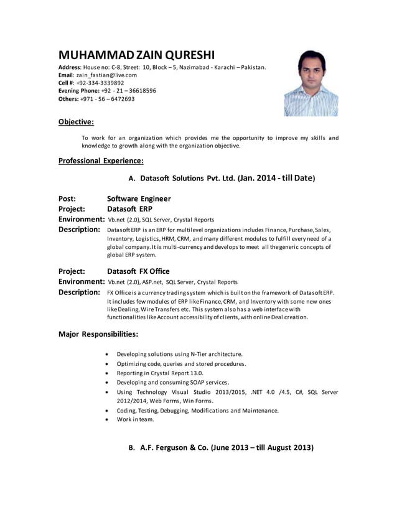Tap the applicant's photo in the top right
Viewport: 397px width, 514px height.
tap(311, 83)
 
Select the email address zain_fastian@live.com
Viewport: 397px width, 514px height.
tap(106, 75)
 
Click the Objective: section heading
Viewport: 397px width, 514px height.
tap(76, 122)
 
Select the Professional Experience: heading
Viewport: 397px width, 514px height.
tap(101, 161)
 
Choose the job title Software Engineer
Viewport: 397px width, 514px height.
tap(139, 199)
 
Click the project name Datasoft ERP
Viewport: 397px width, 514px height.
tap(129, 209)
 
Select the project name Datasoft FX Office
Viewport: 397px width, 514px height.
tap(138, 271)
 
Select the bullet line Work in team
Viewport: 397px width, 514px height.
tap(135, 419)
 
